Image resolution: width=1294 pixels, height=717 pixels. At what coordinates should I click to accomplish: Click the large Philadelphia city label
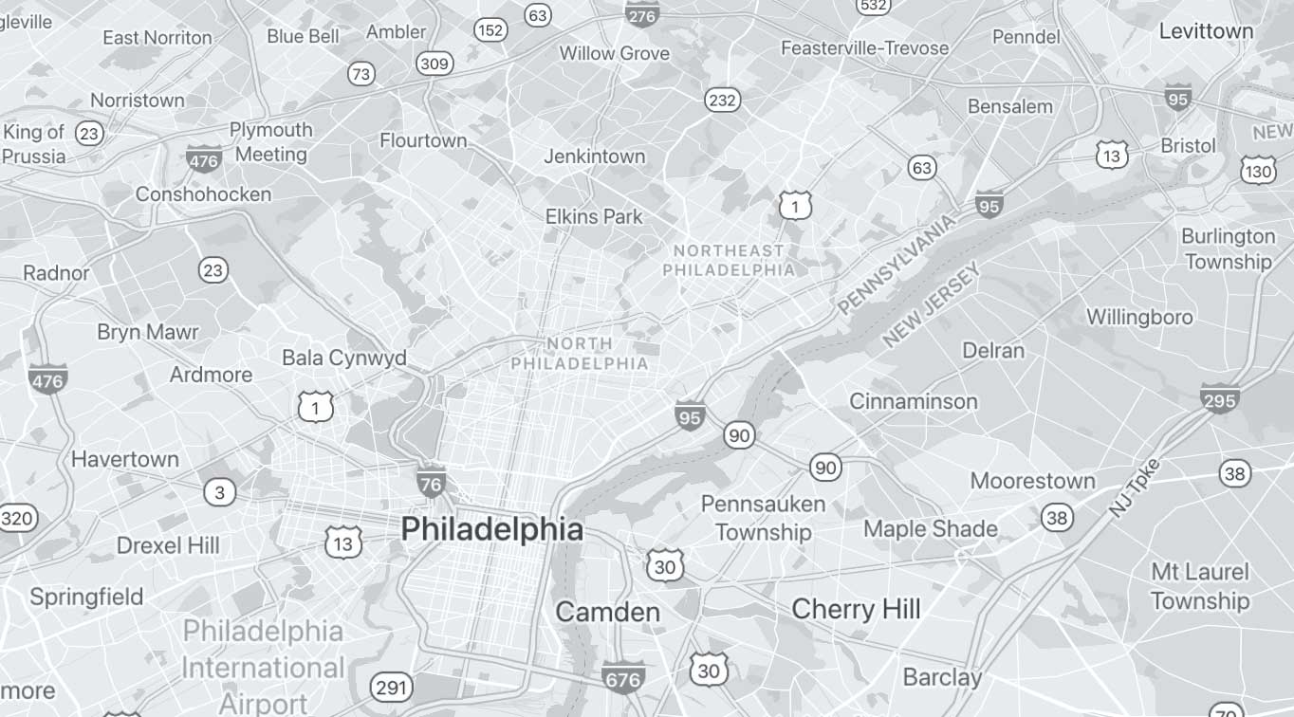click(x=491, y=529)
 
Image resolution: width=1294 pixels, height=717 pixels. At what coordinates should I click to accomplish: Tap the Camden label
click(x=607, y=612)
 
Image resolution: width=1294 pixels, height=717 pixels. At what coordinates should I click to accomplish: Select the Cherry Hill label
click(x=856, y=608)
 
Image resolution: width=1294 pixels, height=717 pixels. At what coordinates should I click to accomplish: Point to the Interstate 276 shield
click(x=642, y=13)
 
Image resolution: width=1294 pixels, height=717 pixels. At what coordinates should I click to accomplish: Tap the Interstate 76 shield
click(x=431, y=483)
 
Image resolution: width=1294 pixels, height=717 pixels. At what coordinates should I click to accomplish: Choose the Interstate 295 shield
click(x=1219, y=398)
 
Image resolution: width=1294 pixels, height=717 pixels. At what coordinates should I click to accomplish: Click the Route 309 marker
click(x=434, y=64)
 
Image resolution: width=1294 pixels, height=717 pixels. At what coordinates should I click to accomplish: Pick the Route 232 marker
click(x=722, y=100)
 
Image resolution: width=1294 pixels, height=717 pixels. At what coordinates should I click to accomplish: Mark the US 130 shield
click(x=1258, y=170)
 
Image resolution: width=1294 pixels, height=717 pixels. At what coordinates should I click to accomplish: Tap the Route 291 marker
click(x=391, y=688)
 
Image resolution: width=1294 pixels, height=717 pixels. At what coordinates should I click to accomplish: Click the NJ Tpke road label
click(x=1134, y=487)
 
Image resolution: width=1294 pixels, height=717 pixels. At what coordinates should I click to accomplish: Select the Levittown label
click(x=1206, y=31)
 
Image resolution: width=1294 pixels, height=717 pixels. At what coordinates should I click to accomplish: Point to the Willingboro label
click(x=1139, y=317)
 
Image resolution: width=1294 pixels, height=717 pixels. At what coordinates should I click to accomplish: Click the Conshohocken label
click(x=203, y=194)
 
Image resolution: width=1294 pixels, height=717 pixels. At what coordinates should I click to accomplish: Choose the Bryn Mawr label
click(x=148, y=332)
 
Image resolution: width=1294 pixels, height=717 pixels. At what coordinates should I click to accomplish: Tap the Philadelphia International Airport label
click(x=263, y=667)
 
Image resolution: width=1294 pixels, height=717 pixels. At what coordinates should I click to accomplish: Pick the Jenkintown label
click(x=594, y=156)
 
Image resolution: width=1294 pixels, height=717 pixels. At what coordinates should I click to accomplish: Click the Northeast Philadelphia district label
click(x=729, y=260)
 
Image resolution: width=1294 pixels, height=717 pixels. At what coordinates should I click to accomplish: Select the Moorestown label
click(x=1032, y=481)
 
